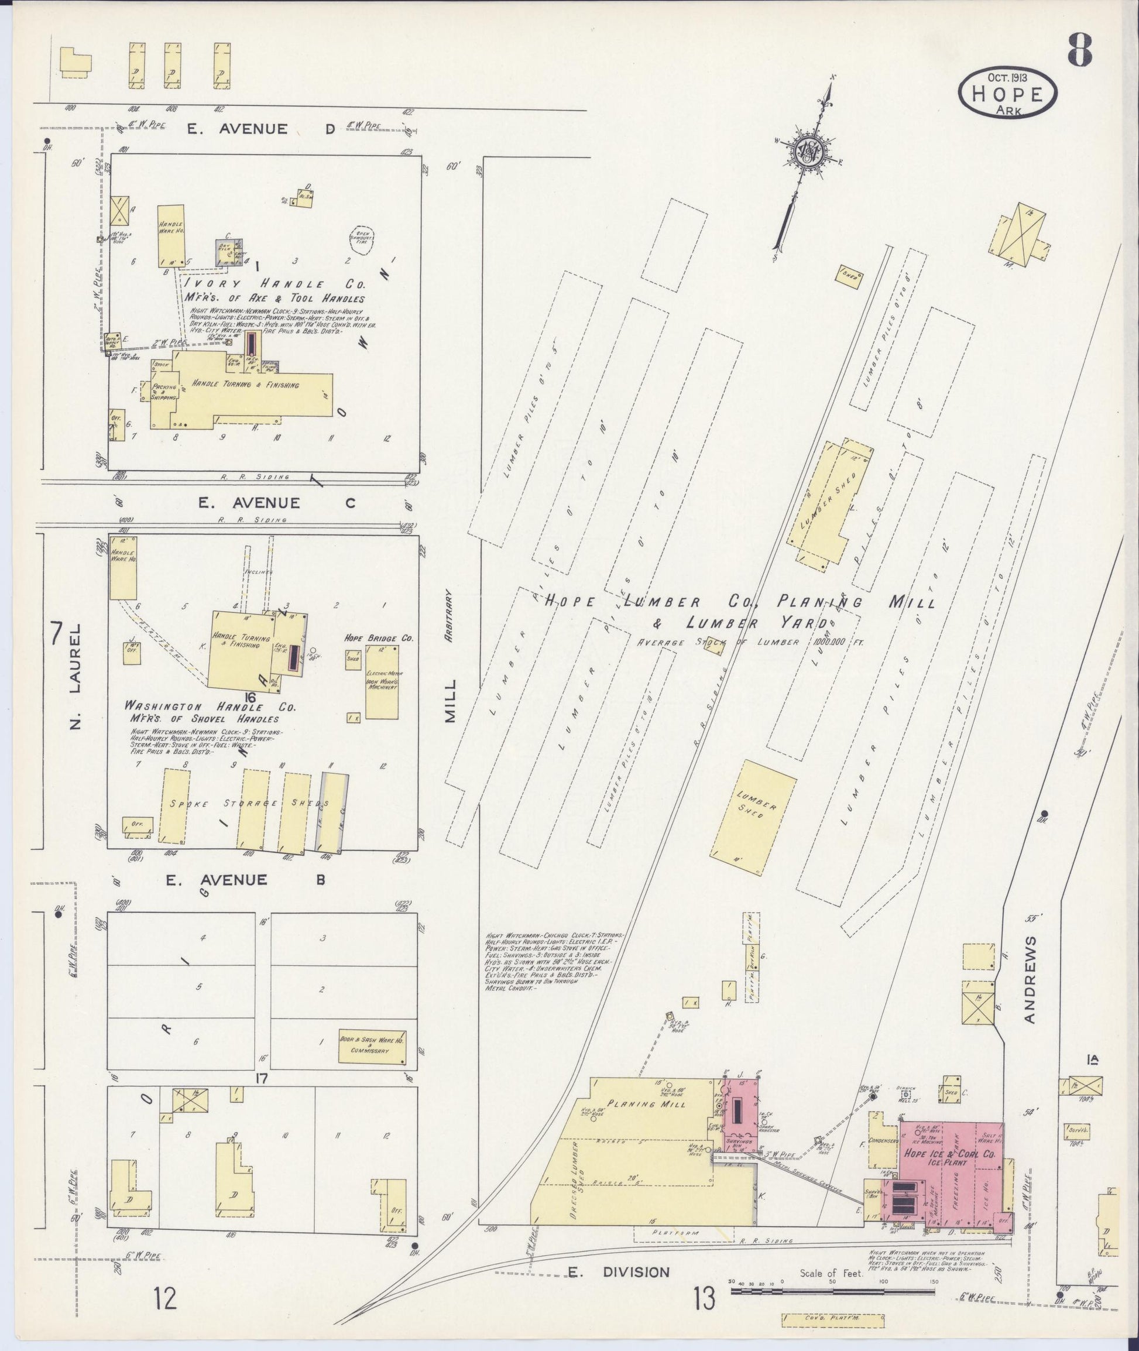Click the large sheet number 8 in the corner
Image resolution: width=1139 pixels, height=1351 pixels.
click(x=1080, y=50)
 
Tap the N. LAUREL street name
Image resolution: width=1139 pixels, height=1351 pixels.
click(x=76, y=675)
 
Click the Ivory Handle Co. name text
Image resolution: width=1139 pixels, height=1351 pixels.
click(x=275, y=284)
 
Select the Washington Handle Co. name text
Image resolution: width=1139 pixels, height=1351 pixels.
click(x=210, y=707)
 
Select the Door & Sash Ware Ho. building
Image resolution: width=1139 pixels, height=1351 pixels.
click(x=373, y=1047)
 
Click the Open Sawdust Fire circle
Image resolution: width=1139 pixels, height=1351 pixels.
click(x=361, y=239)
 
